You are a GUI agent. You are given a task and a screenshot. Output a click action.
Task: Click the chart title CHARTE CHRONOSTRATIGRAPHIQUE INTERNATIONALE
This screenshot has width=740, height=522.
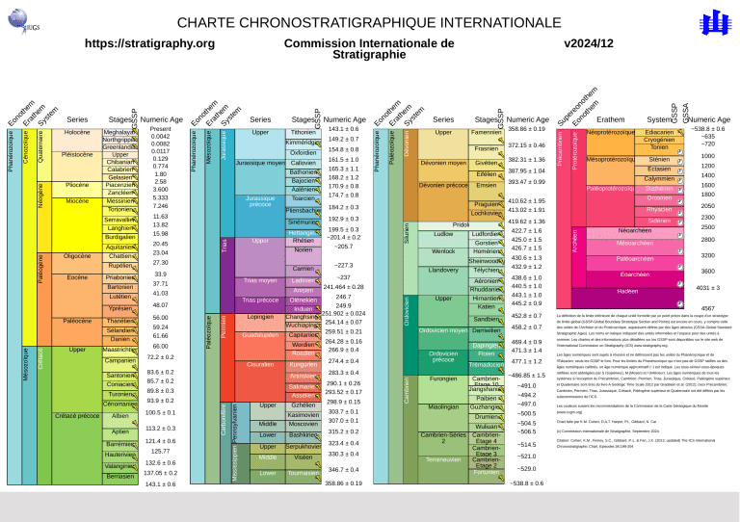click(x=370, y=22)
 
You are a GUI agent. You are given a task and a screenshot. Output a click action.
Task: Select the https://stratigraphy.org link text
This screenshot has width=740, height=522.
click(x=149, y=43)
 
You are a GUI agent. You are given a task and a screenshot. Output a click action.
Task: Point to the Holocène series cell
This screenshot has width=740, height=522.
click(x=77, y=131)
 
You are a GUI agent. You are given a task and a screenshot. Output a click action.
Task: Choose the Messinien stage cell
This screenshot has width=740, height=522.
click(x=119, y=200)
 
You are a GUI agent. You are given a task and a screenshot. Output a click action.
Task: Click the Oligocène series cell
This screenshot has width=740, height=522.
click(x=77, y=256)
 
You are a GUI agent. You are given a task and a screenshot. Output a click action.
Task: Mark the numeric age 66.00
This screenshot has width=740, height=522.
click(x=160, y=346)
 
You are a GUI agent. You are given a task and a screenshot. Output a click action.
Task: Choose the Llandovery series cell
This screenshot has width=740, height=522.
click(x=443, y=271)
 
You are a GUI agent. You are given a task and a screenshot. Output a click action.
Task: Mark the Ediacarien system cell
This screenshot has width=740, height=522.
click(x=659, y=131)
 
